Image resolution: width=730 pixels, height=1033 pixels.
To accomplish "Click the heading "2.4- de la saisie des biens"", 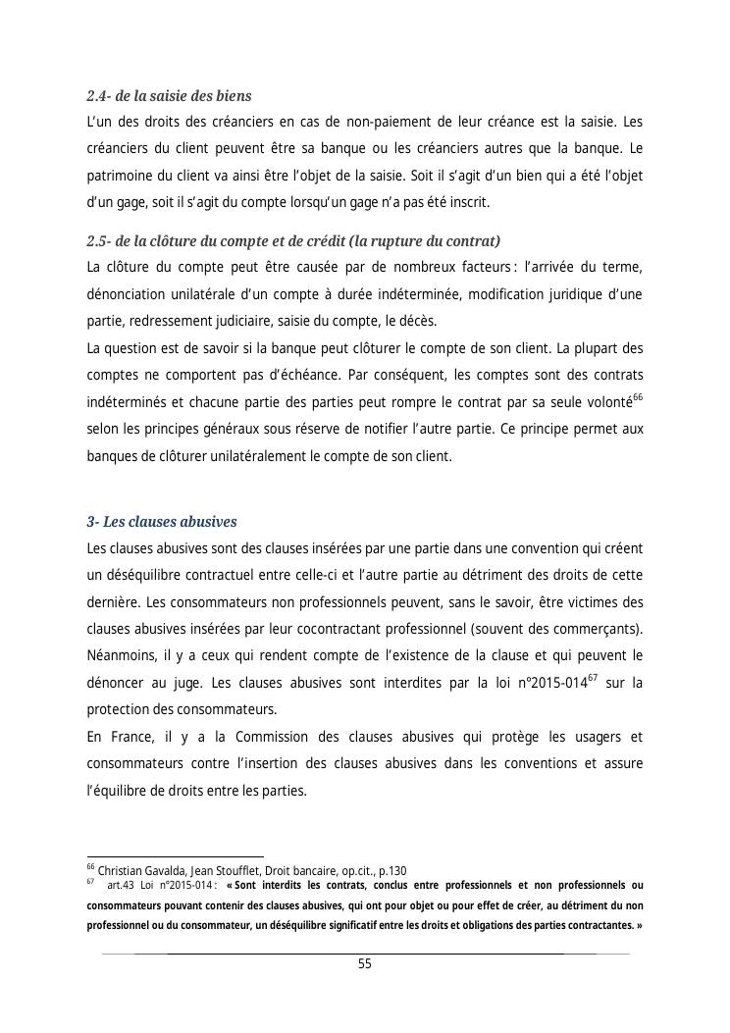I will click(169, 96).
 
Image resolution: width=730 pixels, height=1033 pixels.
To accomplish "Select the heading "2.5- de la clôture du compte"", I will click(293, 241).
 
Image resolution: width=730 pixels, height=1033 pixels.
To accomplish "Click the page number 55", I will click(364, 963).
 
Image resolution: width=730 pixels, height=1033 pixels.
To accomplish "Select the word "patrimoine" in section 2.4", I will click(121, 177).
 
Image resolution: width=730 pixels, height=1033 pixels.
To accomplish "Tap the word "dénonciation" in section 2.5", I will click(130, 295).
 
